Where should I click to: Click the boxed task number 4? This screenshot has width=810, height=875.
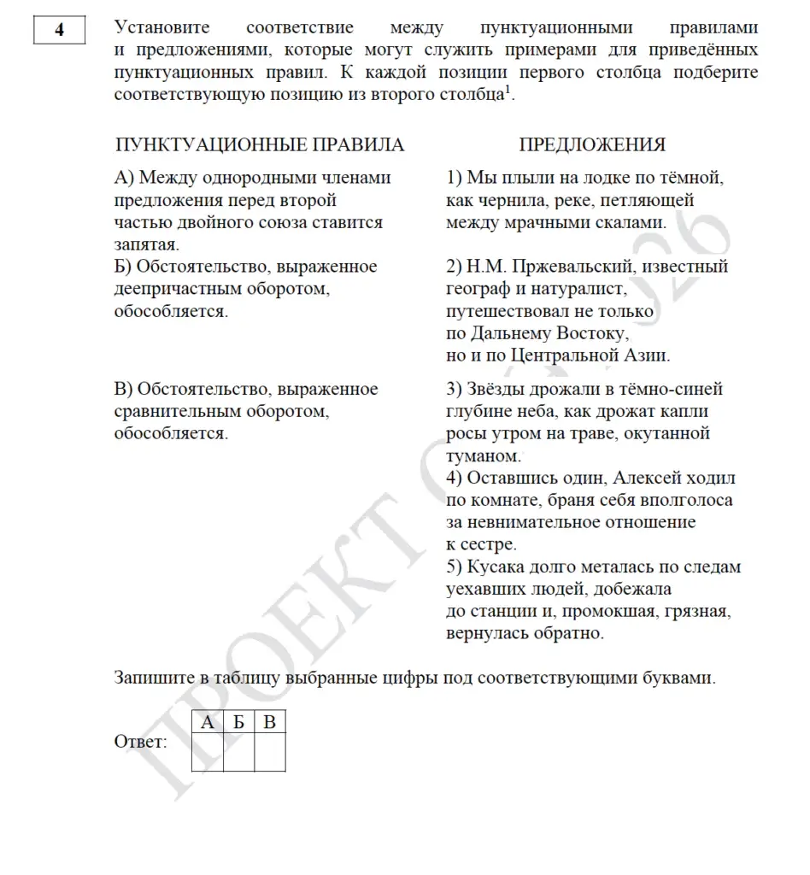[x=59, y=31]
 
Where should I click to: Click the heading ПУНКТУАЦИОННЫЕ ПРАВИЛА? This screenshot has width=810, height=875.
[x=259, y=145]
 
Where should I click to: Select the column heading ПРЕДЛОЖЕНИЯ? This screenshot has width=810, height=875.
[x=592, y=145]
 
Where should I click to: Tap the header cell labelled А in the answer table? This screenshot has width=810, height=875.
[x=207, y=723]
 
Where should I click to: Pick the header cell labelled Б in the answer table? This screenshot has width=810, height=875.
[x=238, y=723]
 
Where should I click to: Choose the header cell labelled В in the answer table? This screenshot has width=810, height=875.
[x=270, y=723]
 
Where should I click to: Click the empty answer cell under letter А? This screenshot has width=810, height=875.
[x=207, y=753]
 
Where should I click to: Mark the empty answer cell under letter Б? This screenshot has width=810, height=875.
[x=238, y=753]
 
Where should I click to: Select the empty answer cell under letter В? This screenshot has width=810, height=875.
[x=270, y=753]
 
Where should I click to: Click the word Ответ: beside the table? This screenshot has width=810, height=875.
[x=141, y=742]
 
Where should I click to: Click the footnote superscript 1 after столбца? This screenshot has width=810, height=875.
[x=508, y=90]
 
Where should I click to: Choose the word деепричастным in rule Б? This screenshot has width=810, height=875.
[x=176, y=290]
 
